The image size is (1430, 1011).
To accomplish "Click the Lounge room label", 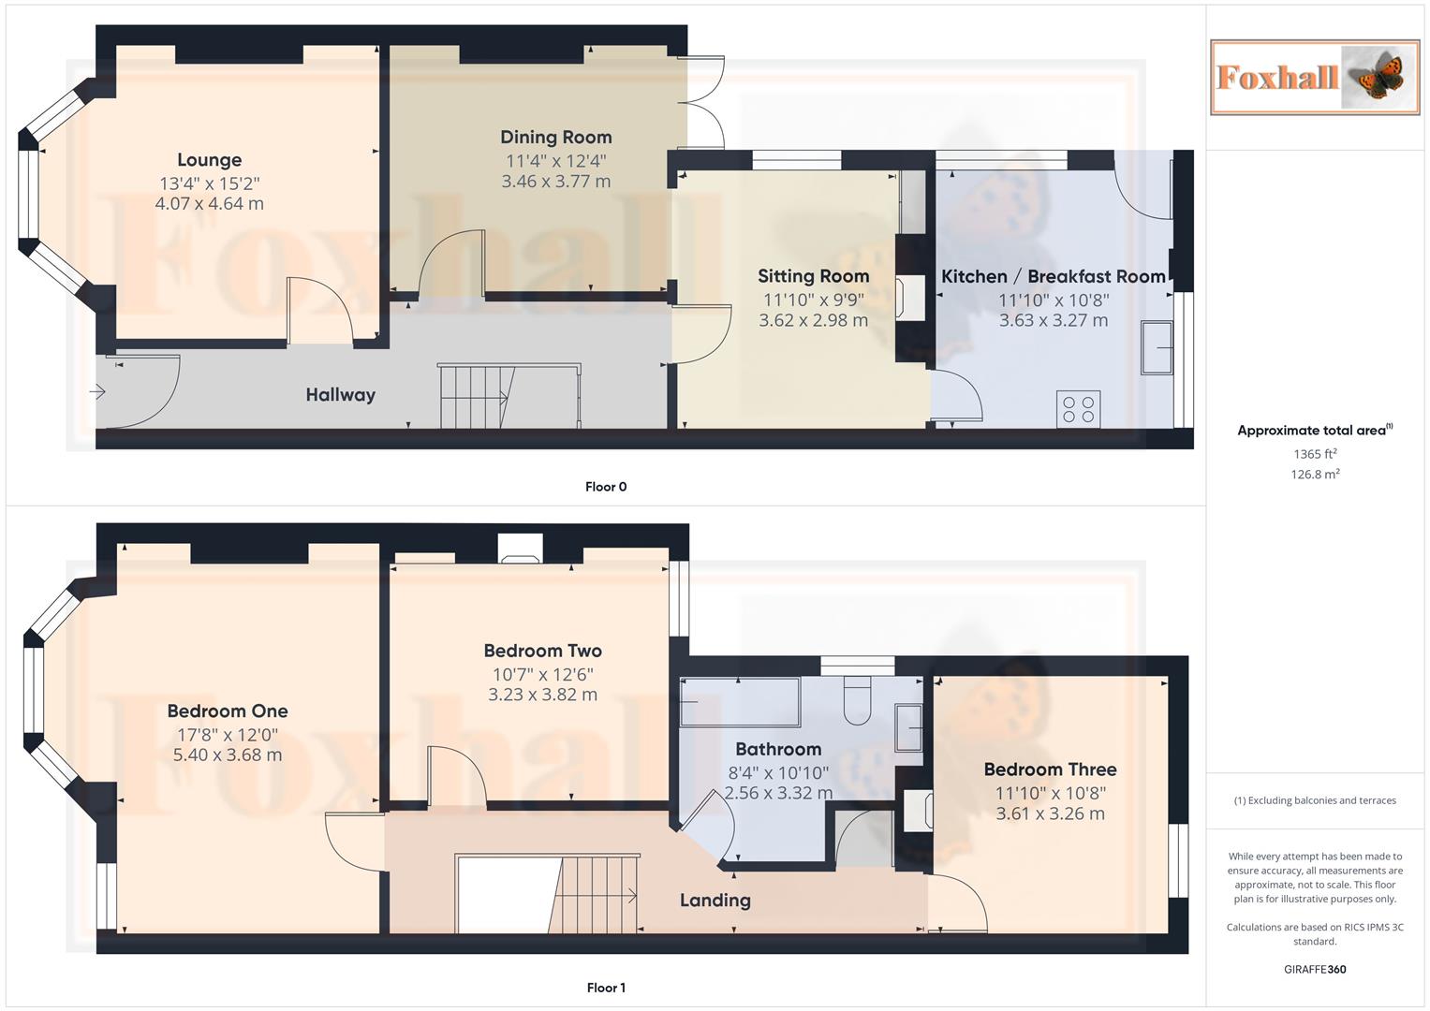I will pos(209,160).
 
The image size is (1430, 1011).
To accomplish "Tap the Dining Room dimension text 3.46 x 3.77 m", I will pos(555,182).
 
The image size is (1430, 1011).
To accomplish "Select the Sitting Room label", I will pos(813,276).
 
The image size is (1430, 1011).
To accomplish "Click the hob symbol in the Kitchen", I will pos(1078,409).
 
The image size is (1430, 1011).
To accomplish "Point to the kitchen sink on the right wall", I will pos(1157,347).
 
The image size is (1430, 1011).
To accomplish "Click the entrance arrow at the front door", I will pos(97,392).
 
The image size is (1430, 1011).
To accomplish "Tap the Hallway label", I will pos(340,395).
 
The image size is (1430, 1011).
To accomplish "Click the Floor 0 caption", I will pos(606,487).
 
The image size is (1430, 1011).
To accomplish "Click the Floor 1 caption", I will pos(606,988).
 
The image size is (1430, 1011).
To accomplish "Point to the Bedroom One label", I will pos(228,711).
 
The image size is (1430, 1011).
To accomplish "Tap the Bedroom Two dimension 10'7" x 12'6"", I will pos(542,674).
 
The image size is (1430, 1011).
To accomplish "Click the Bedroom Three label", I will pos(1050,769).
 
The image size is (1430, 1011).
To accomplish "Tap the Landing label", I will pos(715,901).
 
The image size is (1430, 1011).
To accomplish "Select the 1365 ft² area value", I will pos(1315,454).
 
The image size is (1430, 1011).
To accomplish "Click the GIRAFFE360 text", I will pos(1315,969).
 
